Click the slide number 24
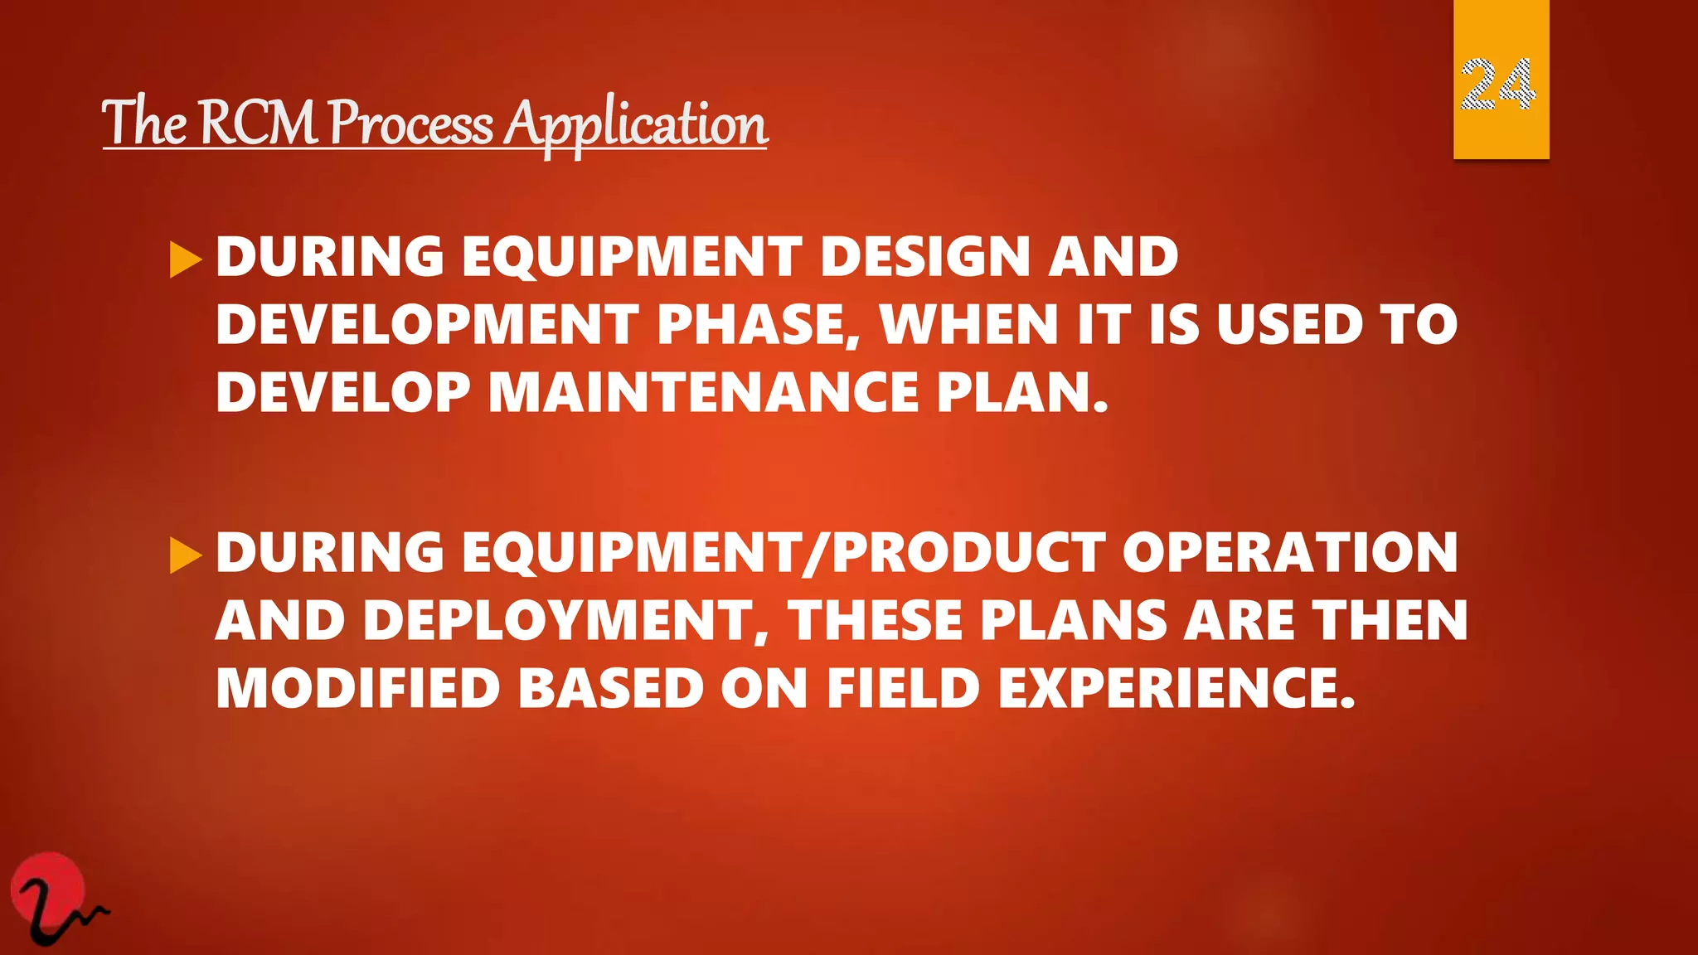click(x=1499, y=85)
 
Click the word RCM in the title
click(x=260, y=124)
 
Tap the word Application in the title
click(x=636, y=125)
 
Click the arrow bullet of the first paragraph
click(x=186, y=259)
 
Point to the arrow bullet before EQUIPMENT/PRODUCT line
click(x=186, y=555)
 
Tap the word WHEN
click(x=969, y=324)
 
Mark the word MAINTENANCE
click(x=703, y=392)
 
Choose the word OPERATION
click(x=1290, y=552)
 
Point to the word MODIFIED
click(x=357, y=689)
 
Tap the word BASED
click(x=611, y=689)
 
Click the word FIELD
click(x=904, y=689)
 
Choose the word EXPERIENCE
click(x=1176, y=689)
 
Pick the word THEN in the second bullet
click(x=1390, y=621)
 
